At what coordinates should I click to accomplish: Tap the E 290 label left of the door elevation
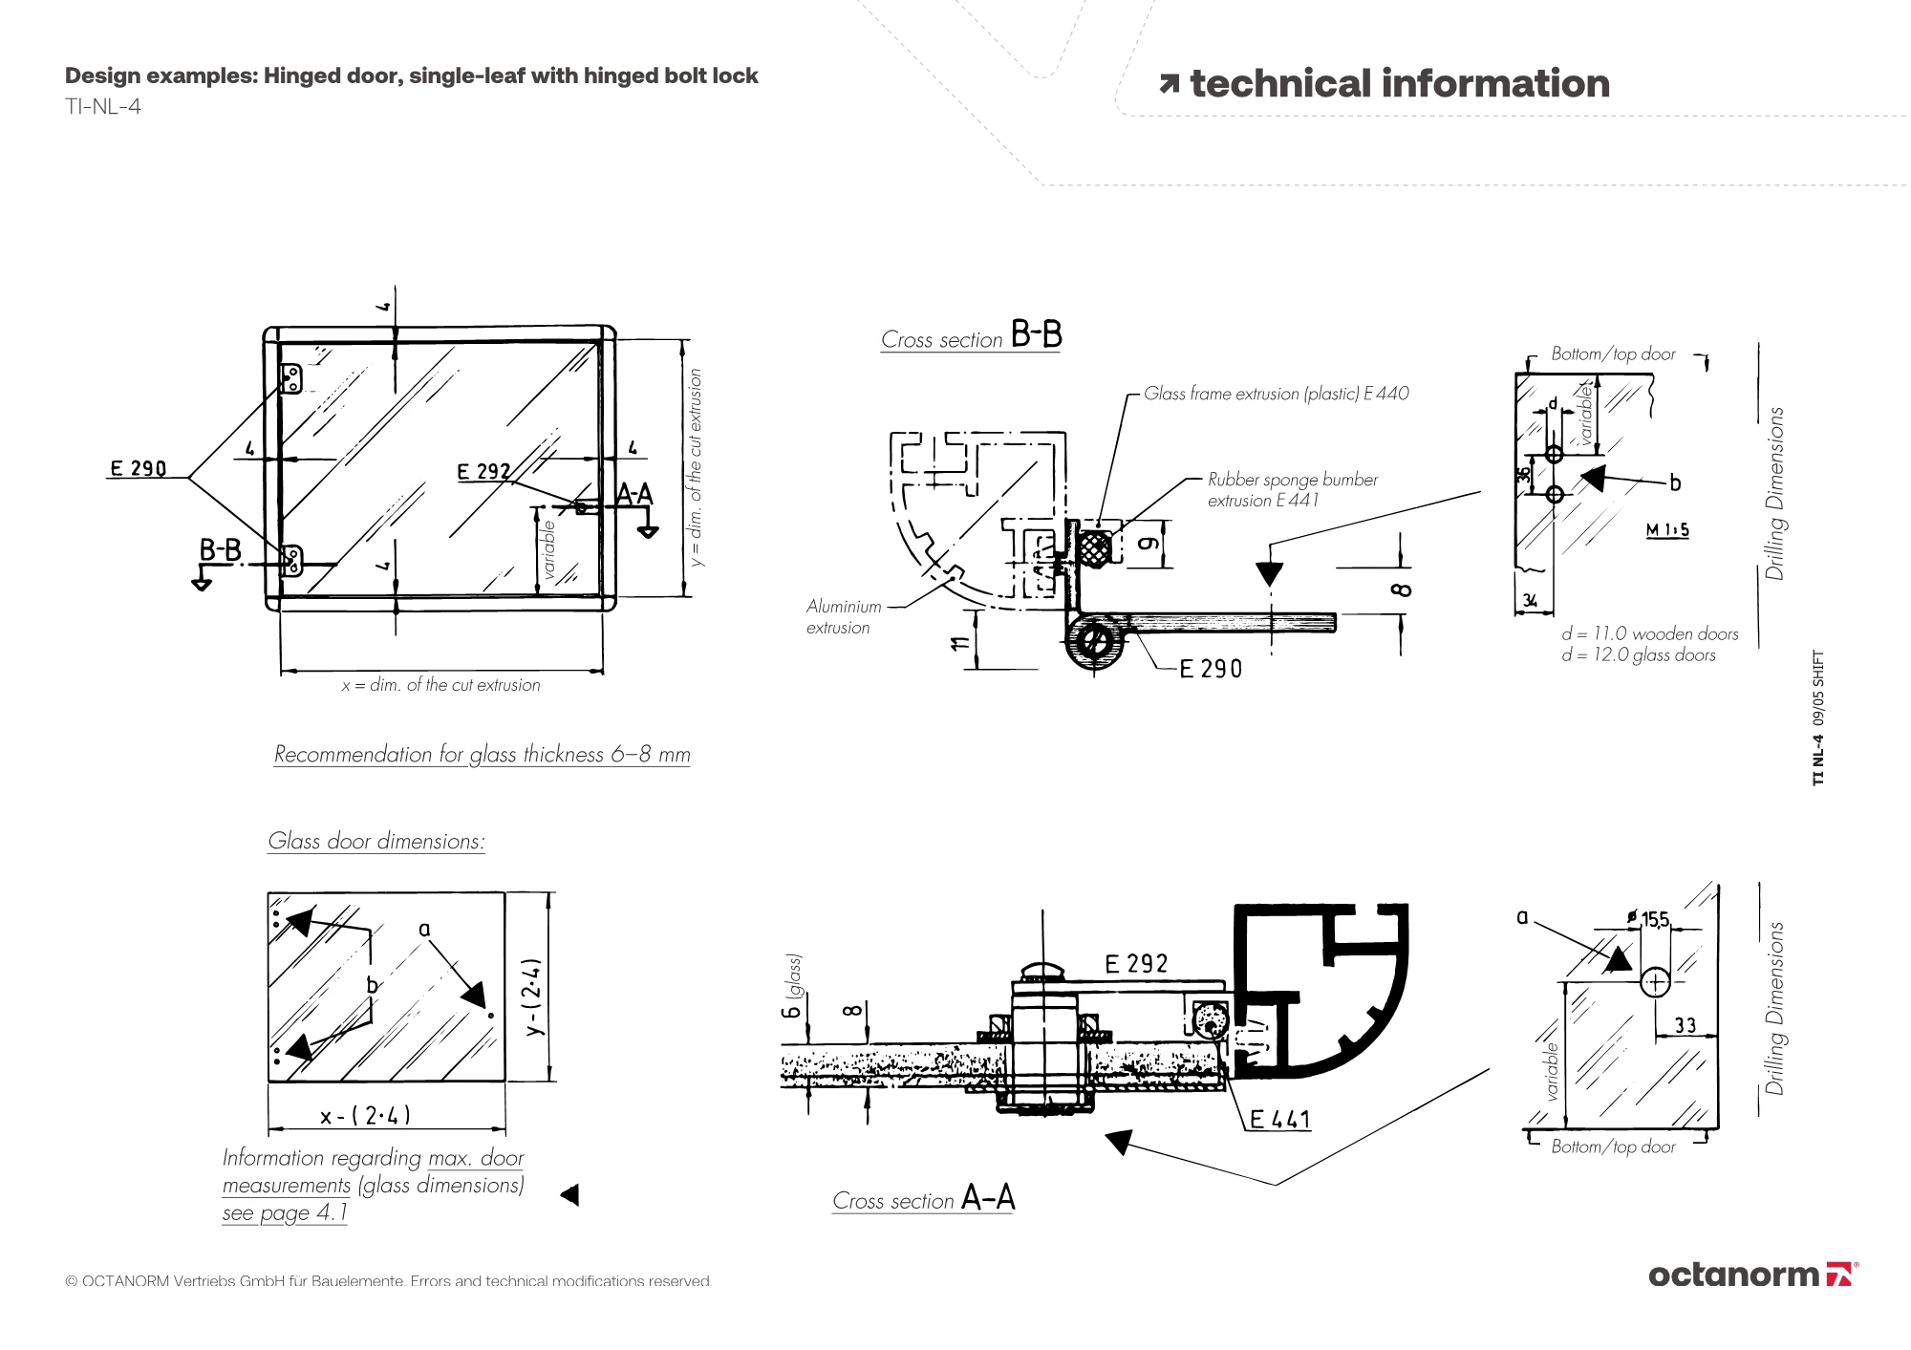point(138,468)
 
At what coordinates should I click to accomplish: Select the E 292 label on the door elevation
point(483,472)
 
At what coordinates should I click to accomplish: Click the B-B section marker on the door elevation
point(220,551)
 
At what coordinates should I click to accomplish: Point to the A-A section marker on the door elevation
point(634,495)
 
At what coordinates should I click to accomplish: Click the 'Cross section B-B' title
point(971,337)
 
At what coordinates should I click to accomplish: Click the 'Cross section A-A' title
point(923,1199)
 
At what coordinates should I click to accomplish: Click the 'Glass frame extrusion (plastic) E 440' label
point(1276,394)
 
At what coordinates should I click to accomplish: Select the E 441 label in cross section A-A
point(1280,1119)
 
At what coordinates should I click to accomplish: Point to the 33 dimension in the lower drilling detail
point(1685,1025)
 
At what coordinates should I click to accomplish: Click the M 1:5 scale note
point(1667,530)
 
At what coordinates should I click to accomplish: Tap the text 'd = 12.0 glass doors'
point(1639,655)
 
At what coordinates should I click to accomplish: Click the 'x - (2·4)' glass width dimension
point(366,1115)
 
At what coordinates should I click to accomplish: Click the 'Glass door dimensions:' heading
point(376,841)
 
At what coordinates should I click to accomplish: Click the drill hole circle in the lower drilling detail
point(1655,982)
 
